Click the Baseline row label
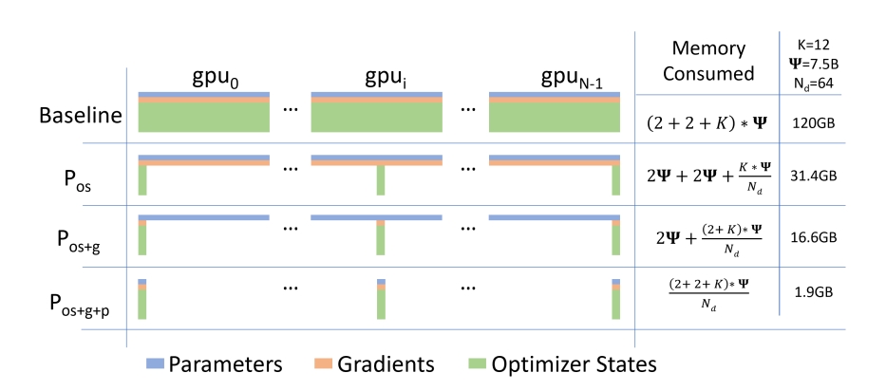tap(81, 117)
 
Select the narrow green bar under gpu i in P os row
tap(380, 180)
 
